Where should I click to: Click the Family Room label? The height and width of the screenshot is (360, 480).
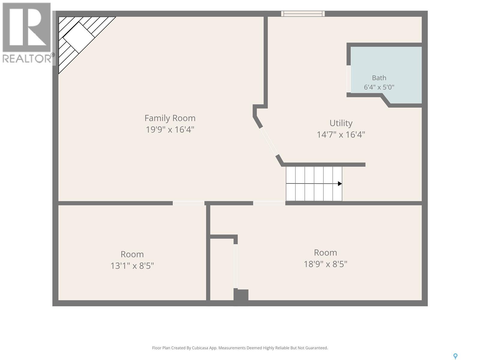click(170, 118)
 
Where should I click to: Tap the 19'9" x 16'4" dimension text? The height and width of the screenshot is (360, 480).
click(170, 130)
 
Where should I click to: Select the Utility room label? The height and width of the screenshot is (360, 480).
click(341, 123)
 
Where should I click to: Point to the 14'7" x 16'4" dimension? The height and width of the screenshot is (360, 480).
click(341, 134)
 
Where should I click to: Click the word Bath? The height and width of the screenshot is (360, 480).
click(379, 78)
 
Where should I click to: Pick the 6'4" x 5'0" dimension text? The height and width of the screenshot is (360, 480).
click(379, 87)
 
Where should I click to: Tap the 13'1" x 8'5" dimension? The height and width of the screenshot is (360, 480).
click(132, 266)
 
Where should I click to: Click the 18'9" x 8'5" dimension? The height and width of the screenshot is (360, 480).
click(325, 264)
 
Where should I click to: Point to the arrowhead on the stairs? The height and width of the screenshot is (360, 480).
click(340, 184)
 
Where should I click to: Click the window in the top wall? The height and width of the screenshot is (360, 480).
click(303, 14)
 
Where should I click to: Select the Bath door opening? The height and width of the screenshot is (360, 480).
click(349, 79)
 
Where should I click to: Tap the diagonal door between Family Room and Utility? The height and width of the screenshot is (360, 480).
click(269, 141)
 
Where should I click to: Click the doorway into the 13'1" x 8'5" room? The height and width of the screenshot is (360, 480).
click(188, 203)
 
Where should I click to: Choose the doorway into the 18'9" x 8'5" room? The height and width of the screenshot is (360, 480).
click(269, 203)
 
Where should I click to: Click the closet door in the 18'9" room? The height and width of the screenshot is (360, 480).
click(235, 266)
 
